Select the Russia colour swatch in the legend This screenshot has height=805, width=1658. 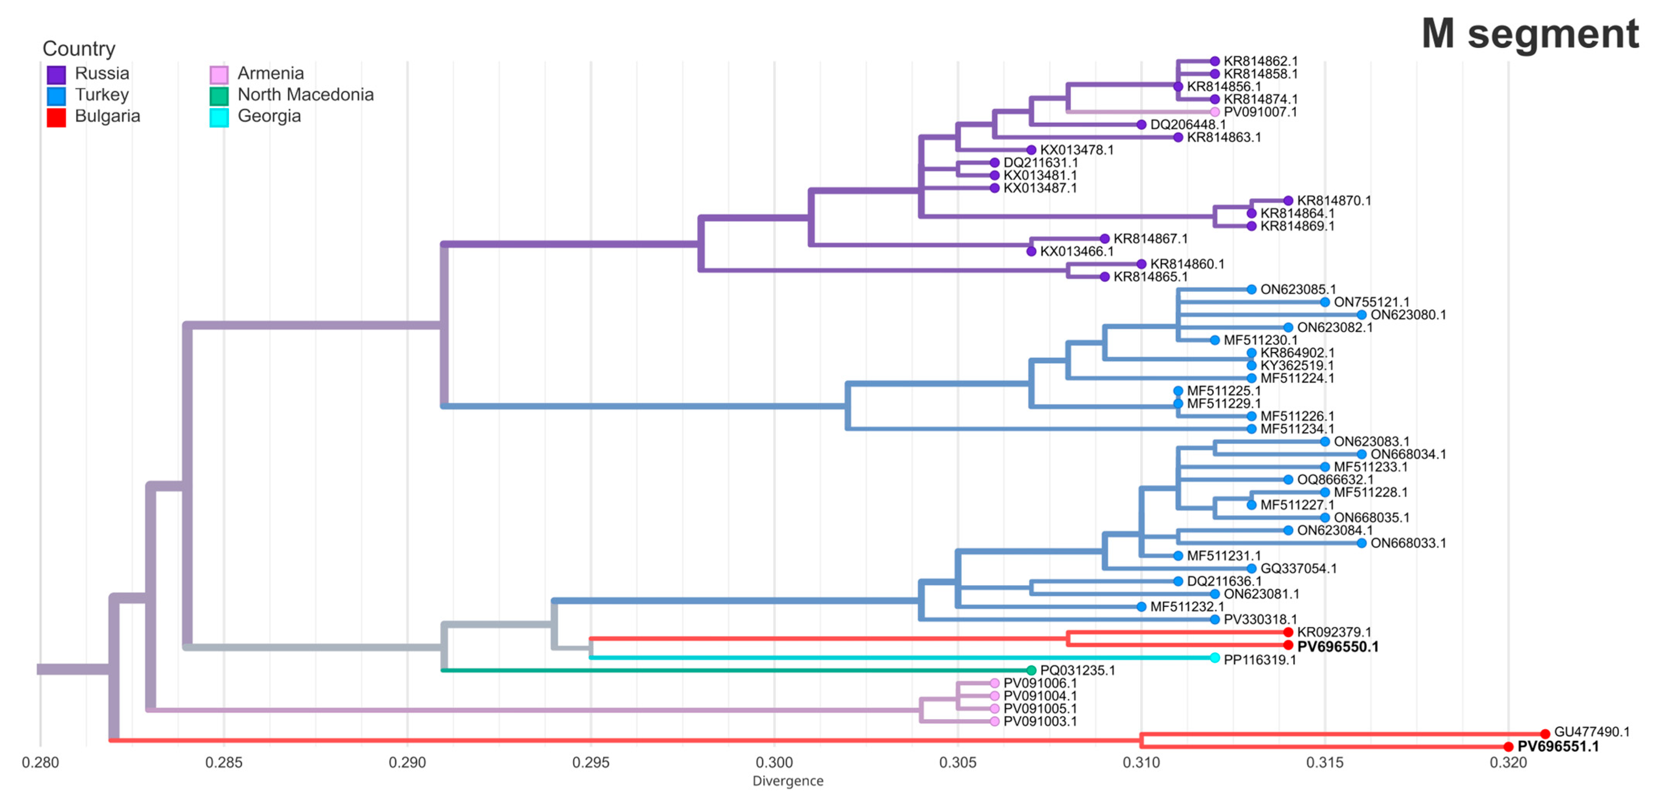click(57, 75)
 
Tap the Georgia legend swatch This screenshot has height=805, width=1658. click(219, 117)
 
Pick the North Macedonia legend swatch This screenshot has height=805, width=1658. click(219, 96)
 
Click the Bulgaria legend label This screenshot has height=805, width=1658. click(107, 116)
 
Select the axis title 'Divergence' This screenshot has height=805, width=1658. click(788, 781)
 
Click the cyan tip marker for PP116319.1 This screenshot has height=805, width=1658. click(1214, 658)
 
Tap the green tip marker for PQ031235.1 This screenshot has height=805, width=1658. click(1031, 671)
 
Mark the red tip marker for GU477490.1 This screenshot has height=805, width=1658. click(1545, 734)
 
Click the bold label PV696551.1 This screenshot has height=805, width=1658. click(1558, 746)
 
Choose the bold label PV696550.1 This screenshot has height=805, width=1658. click(1337, 647)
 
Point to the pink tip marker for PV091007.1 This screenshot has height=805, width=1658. click(1214, 112)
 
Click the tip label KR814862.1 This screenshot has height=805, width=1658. click(1260, 61)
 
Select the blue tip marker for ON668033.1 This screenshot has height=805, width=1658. click(1361, 543)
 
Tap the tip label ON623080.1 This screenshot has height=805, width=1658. click(1408, 315)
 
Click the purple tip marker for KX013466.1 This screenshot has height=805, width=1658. click(1031, 251)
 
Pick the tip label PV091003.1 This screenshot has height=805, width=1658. click(1039, 721)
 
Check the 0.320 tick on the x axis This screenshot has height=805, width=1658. click(1508, 763)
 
